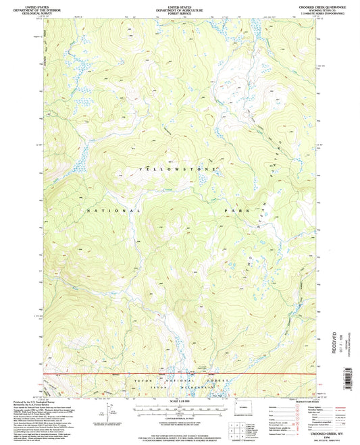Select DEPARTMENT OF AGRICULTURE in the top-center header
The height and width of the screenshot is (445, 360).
[x=178, y=7]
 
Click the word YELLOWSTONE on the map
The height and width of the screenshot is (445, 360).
[x=177, y=167]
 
